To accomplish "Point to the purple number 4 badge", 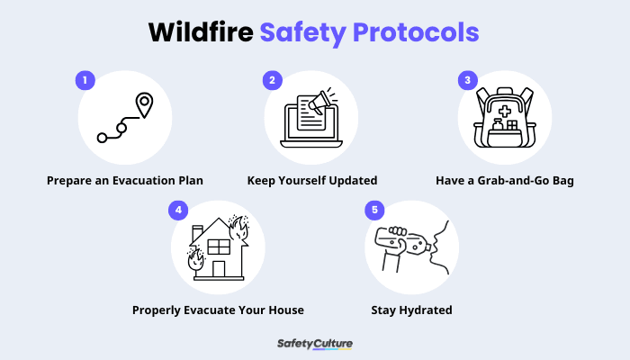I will click(179, 210).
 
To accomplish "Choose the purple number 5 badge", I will click(373, 210).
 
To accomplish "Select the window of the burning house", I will click(219, 246).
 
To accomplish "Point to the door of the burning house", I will click(218, 268).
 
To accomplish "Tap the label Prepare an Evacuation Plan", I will click(125, 181).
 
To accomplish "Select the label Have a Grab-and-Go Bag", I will click(504, 181).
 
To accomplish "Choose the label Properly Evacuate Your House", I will click(218, 310).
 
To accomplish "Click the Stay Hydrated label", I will click(411, 310).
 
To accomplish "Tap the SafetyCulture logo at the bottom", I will click(315, 344).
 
